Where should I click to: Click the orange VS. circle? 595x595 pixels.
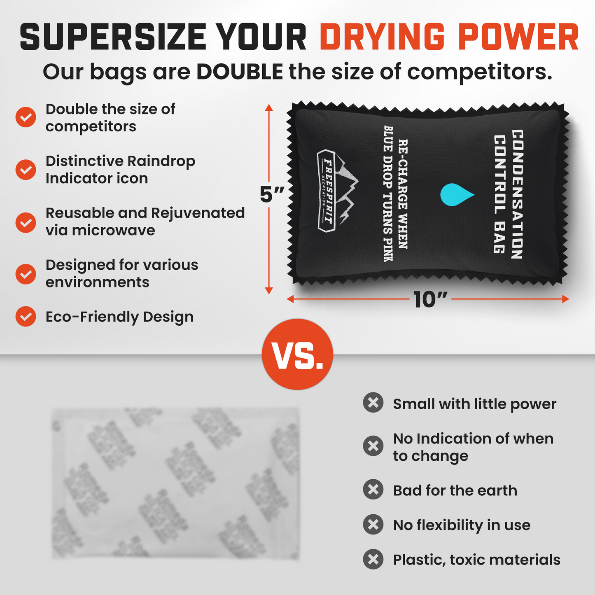point(297,354)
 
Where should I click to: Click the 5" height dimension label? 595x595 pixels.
point(272,194)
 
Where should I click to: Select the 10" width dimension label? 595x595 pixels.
point(430,299)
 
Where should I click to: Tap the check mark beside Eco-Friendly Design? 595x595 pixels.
point(26,317)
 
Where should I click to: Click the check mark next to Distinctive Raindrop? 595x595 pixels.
point(26,170)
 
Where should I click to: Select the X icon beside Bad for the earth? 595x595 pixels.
point(373,490)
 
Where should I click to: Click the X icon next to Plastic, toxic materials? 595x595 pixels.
point(373,559)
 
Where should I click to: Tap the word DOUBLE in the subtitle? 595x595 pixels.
point(240,72)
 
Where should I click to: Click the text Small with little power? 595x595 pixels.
point(474,404)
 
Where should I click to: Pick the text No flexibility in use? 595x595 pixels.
point(462,525)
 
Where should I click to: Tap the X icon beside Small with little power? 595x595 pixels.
point(373,403)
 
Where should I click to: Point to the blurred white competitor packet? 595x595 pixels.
point(175,483)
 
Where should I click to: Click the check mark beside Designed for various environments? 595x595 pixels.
point(26,274)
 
